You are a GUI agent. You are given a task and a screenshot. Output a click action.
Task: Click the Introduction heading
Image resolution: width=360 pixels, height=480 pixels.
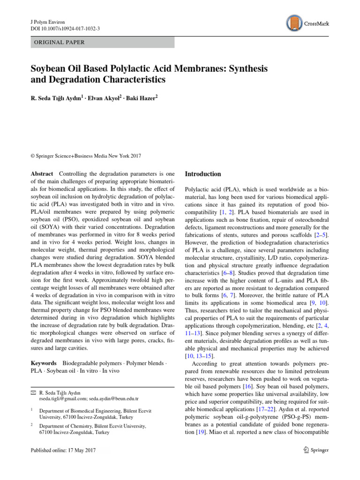click(203, 174)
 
